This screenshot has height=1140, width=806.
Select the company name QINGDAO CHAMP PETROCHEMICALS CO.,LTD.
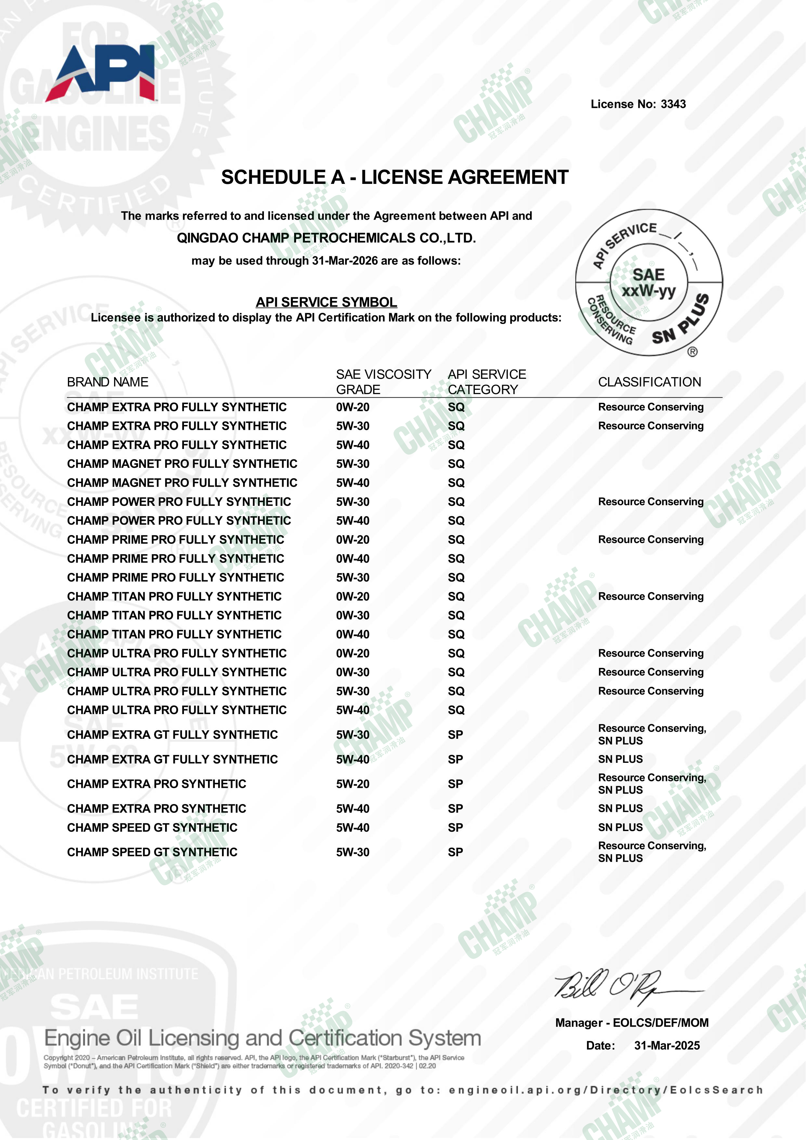click(326, 238)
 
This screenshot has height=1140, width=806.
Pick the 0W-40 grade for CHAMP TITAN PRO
click(353, 634)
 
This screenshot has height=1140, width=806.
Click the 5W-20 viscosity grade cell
click(353, 784)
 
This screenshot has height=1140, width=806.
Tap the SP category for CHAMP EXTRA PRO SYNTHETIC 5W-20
click(455, 784)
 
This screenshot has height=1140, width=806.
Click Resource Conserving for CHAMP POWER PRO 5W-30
click(651, 502)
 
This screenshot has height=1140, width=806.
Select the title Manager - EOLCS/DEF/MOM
click(632, 1023)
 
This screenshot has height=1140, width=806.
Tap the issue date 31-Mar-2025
click(667, 1046)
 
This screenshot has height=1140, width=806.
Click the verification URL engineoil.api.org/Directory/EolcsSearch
click(605, 1090)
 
